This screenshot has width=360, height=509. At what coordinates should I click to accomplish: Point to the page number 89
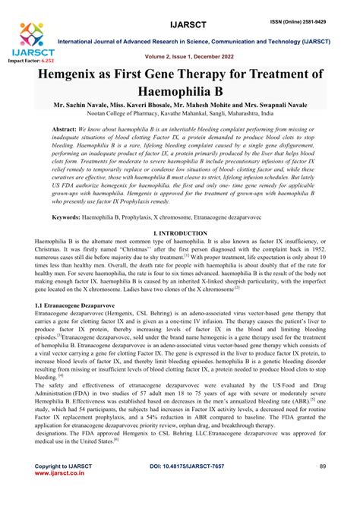[321, 485]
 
